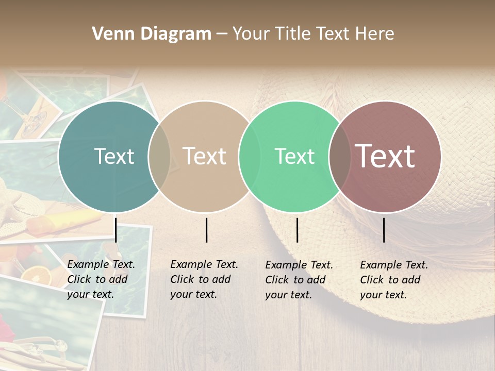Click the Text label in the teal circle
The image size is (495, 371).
(x=114, y=156)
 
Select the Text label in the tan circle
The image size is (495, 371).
(x=205, y=156)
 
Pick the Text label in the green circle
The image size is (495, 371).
(x=294, y=156)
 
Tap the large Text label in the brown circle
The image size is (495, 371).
(x=385, y=156)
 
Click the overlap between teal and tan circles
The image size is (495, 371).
(x=159, y=157)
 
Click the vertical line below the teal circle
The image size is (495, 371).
(x=115, y=230)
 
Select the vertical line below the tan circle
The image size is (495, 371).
(x=206, y=230)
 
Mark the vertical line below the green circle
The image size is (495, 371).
(x=298, y=230)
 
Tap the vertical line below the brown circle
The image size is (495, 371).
(x=384, y=230)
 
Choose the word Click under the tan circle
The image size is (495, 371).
(x=181, y=279)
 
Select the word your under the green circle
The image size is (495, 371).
(x=276, y=295)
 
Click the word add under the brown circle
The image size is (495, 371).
(x=411, y=280)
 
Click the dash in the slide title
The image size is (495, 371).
(x=222, y=34)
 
